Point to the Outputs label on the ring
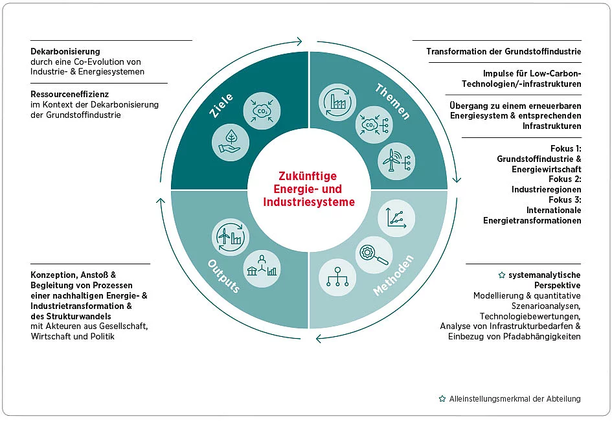coord(223,277)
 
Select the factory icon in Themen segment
coord(337,103)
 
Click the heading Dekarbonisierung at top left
coord(65,51)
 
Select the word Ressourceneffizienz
coord(69,94)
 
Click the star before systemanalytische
coord(501,275)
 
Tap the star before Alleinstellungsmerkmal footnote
coord(442,399)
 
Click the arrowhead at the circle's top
coord(299,42)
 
